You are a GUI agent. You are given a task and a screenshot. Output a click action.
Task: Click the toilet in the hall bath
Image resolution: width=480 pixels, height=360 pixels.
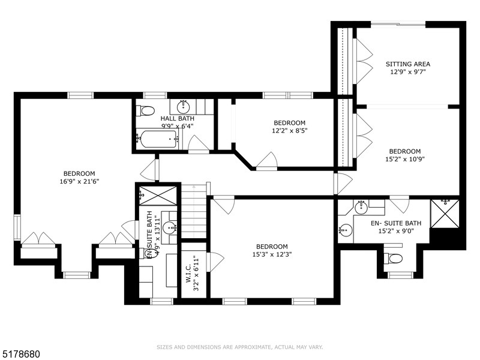pos(145,110)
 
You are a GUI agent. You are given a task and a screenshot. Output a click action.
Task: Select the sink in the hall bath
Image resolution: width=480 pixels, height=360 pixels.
pos(184,107)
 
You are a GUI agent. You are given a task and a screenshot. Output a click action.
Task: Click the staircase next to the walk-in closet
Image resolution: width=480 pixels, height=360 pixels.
pos(194,211)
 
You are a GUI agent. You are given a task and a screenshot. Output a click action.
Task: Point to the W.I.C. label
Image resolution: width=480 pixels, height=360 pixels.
pos(188,274)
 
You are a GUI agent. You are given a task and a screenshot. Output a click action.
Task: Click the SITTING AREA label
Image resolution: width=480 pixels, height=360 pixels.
pos(408,64)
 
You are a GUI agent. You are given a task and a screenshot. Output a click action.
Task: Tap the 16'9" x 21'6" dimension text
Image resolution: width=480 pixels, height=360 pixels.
pos(79,181)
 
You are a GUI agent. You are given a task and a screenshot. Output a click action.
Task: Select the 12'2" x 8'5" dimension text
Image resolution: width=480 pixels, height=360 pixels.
pos(289,131)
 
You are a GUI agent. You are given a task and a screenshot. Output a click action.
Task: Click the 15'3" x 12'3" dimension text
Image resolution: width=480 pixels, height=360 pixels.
pos(272,254)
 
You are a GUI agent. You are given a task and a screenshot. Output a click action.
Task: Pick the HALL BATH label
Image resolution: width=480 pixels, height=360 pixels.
pos(177,118)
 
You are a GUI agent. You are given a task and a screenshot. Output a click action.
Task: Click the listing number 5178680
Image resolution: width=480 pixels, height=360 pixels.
pos(20,354)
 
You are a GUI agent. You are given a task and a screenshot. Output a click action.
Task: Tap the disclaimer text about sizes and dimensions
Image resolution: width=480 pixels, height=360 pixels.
pos(239,347)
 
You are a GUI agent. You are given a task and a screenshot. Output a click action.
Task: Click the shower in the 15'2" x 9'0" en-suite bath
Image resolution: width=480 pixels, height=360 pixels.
pos(445,214)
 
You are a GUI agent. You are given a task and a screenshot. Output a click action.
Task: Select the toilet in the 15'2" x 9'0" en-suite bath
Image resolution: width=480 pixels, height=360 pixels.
pos(394,259)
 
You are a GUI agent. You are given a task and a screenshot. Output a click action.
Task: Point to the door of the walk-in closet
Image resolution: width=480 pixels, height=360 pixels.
pos(214,262)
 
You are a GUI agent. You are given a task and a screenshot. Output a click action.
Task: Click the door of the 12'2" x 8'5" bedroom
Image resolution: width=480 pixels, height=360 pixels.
pos(267,161)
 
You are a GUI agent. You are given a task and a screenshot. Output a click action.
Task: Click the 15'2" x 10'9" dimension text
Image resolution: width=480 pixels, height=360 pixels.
pos(404,159)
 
